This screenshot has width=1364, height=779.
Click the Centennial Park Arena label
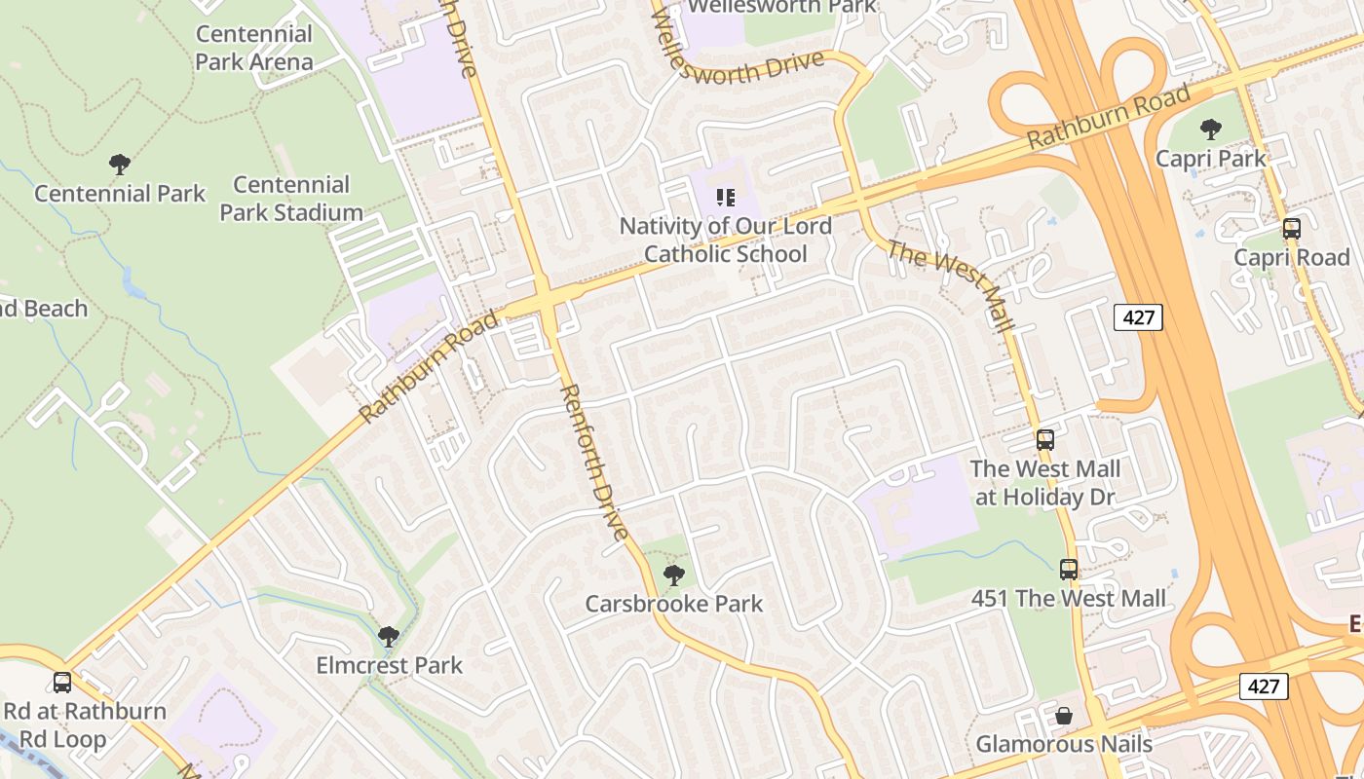pyautogui.click(x=254, y=48)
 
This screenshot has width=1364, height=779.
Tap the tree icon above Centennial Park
pyautogui.click(x=120, y=165)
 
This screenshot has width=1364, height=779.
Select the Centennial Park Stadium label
pyautogui.click(x=290, y=198)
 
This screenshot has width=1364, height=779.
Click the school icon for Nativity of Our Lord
pyautogui.click(x=725, y=198)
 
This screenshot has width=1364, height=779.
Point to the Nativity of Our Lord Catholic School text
pyautogui.click(x=726, y=240)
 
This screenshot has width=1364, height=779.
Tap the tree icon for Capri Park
pyautogui.click(x=1211, y=130)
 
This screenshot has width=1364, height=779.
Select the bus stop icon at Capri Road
pyautogui.click(x=1291, y=229)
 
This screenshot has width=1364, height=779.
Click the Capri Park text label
pyautogui.click(x=1211, y=158)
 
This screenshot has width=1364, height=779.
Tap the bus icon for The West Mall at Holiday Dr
pyautogui.click(x=1045, y=440)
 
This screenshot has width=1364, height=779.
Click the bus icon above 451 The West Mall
pyautogui.click(x=1069, y=570)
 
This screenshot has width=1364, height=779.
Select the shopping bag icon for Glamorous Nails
pyautogui.click(x=1064, y=716)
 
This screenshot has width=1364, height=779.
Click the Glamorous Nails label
pyautogui.click(x=1064, y=744)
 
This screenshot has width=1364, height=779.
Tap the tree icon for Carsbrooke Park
pyautogui.click(x=673, y=575)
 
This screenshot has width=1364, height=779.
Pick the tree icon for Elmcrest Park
pyautogui.click(x=389, y=637)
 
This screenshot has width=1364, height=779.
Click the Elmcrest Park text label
pyautogui.click(x=389, y=665)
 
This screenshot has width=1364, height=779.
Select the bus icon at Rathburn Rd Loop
pyautogui.click(x=62, y=683)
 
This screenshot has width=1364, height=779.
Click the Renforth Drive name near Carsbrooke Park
pyautogui.click(x=593, y=462)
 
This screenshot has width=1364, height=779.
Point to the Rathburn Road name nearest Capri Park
pyautogui.click(x=1109, y=117)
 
